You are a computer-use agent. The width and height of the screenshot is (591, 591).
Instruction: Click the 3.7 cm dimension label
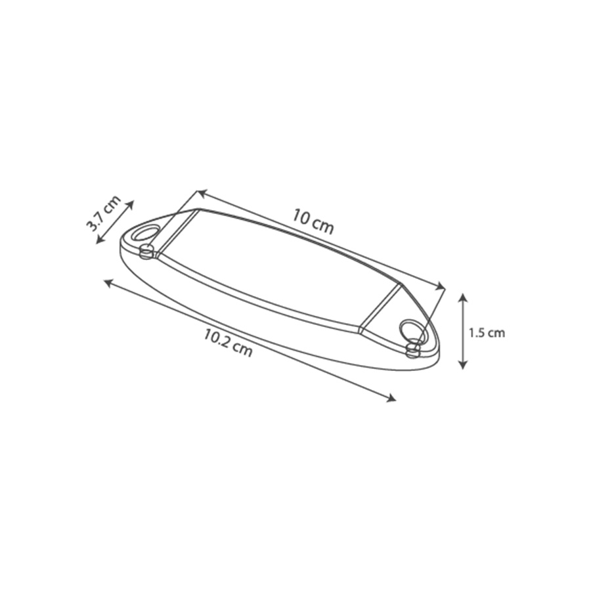click(104, 213)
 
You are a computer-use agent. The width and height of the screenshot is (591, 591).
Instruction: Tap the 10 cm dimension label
click(314, 223)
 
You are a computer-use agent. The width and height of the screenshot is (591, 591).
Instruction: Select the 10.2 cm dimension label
click(228, 343)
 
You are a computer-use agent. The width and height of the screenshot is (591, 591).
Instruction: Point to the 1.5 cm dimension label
click(486, 333)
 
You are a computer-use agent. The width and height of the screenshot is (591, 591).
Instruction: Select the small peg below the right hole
click(414, 349)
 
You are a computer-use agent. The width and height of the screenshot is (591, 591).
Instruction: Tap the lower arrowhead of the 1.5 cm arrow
click(462, 364)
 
